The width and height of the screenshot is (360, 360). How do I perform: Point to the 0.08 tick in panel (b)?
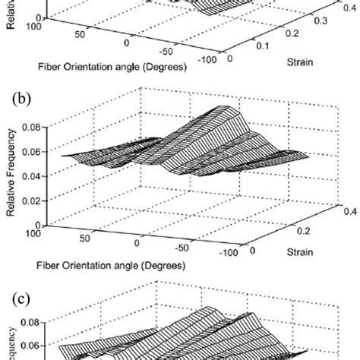tap(34, 130)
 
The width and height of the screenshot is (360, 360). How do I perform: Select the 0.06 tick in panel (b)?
tap(34, 155)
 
